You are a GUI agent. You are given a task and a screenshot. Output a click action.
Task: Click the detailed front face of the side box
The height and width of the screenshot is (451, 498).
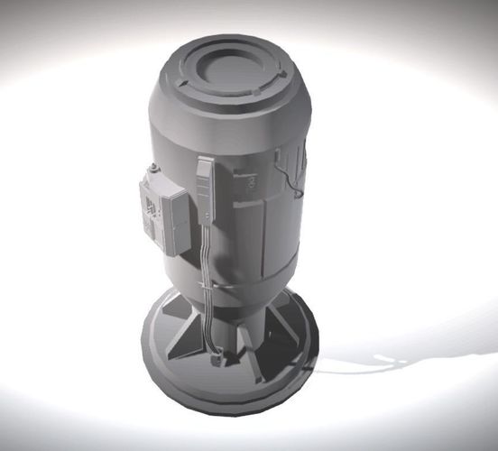(149, 213)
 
